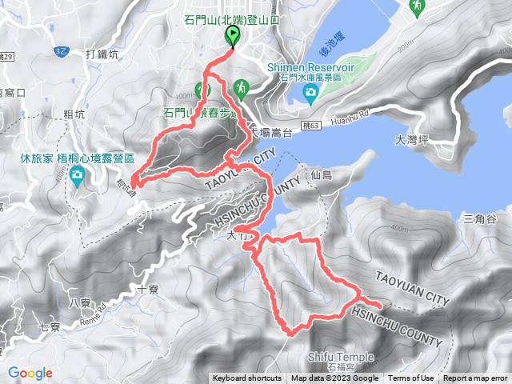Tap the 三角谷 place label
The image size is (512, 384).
point(480,218)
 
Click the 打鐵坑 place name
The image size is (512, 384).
point(102,54)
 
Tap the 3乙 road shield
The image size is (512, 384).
point(62,50)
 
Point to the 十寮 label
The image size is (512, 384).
point(149,290)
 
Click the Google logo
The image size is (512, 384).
point(30,373)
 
